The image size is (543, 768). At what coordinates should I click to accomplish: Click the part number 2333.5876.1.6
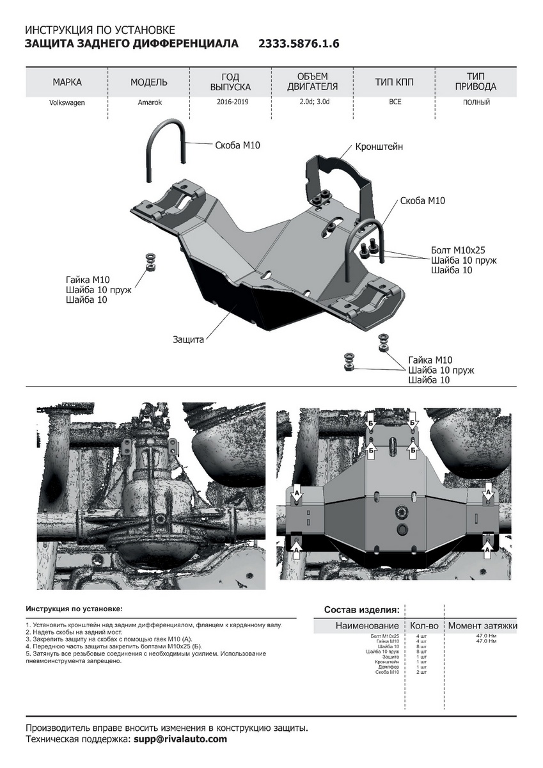(x=298, y=44)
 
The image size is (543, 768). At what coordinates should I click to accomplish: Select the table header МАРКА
(x=67, y=83)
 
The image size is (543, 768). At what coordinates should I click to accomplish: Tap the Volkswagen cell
(x=67, y=102)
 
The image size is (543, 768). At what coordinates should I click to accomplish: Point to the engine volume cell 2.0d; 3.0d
(x=312, y=102)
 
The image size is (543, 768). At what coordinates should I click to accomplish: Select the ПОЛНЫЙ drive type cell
(x=476, y=102)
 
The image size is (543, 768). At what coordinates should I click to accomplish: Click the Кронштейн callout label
(x=379, y=147)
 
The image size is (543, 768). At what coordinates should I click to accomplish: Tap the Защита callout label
(x=188, y=340)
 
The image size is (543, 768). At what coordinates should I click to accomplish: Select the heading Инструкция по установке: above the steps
(x=74, y=609)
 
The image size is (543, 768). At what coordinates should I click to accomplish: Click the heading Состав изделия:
(x=361, y=609)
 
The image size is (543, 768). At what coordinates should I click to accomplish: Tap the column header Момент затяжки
(x=482, y=625)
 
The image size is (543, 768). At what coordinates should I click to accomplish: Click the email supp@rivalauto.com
(x=180, y=739)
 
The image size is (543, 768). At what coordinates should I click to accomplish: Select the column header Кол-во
(x=423, y=625)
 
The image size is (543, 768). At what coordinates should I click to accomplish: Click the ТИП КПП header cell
(x=395, y=83)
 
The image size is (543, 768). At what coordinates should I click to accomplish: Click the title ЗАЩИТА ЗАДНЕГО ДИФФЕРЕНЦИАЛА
(x=131, y=44)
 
